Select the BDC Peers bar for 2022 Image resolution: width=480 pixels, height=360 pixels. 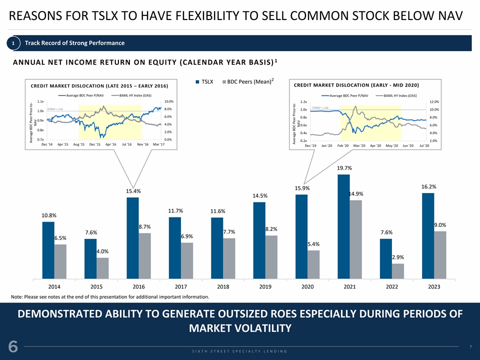397,271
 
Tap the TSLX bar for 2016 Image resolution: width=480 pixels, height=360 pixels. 132,238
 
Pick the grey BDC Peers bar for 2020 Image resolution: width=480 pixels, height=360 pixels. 313,264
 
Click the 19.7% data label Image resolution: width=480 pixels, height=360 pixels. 344,168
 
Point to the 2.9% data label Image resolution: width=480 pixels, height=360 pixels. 397,257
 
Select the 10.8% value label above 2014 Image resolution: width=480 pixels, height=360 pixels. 49,215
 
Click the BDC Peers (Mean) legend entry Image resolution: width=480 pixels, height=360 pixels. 249,81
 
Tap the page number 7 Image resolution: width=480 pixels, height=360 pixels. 470,346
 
